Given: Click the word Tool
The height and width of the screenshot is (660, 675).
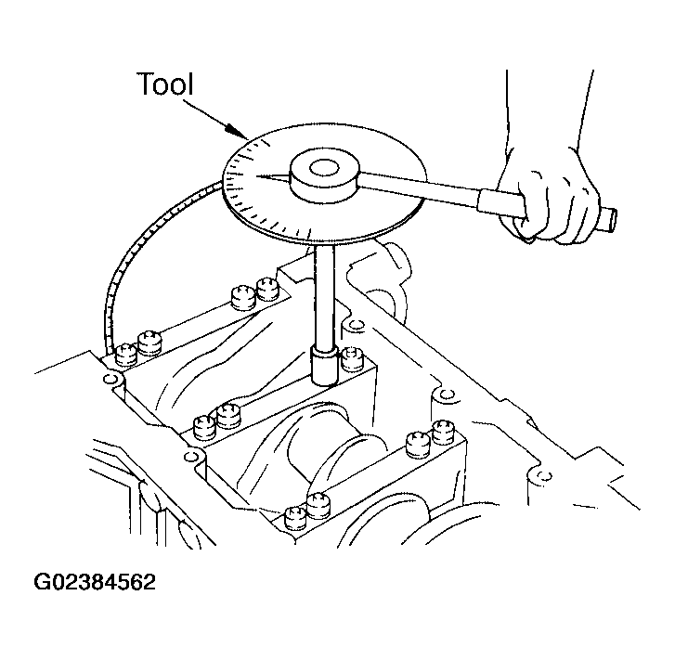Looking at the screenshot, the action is point(165,84).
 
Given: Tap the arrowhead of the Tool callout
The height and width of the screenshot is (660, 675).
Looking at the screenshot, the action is point(238,131).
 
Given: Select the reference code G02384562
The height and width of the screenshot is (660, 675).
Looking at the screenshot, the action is point(95,583).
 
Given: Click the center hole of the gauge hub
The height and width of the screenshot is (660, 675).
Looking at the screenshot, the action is point(325,168).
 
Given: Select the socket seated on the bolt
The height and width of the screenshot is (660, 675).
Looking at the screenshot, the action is point(325,367).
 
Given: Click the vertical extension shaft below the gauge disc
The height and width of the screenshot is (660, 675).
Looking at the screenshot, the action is point(325,297).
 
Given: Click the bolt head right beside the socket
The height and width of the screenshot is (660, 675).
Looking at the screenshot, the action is point(353,359).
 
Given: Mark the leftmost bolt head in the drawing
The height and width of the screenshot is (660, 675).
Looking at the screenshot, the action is point(126,355).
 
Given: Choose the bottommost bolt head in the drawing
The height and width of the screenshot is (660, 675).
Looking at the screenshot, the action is point(296,518).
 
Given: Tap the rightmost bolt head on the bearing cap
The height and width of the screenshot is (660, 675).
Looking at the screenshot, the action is point(443,433).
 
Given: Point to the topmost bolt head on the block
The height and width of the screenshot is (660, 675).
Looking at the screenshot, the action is point(267,289).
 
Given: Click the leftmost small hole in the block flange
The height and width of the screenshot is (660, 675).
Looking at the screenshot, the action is point(110,379).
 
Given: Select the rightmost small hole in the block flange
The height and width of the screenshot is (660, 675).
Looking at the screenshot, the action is point(544,475).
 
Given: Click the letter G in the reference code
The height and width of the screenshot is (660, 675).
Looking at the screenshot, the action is point(42,583).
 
